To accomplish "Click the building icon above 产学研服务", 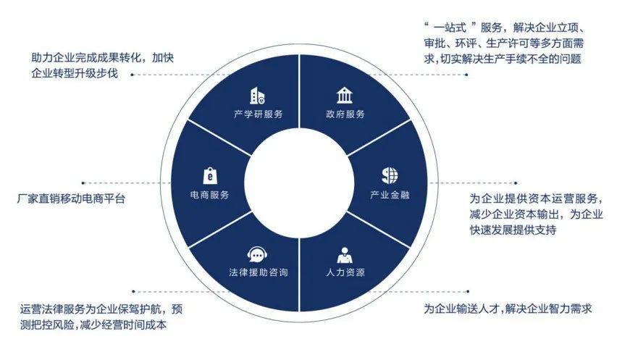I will (x=258, y=96).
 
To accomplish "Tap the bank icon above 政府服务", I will (x=345, y=96).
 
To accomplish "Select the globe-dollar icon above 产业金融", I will (x=390, y=175).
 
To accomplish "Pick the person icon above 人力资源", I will (x=345, y=255).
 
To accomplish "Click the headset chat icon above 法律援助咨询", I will (x=258, y=255).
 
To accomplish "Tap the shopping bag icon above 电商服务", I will (x=209, y=175).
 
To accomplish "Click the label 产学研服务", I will (x=258, y=114).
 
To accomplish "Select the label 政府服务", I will (x=345, y=114).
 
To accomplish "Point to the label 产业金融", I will (x=390, y=195).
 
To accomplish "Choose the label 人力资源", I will (x=345, y=274).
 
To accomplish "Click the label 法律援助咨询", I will (x=258, y=274).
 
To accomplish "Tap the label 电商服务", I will (x=209, y=195).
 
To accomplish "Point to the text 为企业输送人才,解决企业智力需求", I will (x=508, y=309).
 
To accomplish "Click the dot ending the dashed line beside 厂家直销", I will (x=83, y=183).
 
